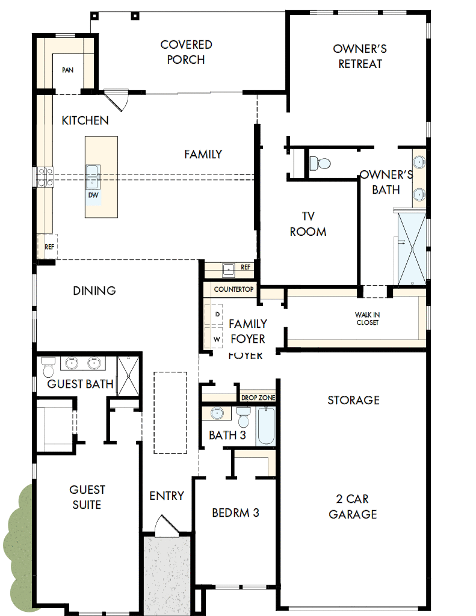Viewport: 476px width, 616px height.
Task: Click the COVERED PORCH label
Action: [x=186, y=52]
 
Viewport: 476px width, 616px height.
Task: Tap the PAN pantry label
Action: [x=67, y=70]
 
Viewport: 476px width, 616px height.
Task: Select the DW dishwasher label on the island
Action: [x=93, y=195]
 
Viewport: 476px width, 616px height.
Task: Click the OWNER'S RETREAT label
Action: [x=360, y=56]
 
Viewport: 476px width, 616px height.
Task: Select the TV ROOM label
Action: [x=308, y=224]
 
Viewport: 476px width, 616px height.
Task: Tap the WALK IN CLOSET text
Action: [x=367, y=319]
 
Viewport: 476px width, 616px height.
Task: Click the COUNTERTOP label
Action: [x=234, y=289]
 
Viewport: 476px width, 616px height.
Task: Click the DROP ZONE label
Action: [x=258, y=398]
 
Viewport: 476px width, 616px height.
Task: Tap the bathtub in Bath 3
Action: [x=265, y=426]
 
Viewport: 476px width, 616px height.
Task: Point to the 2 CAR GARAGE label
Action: [x=353, y=507]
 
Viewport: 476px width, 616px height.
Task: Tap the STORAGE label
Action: [x=353, y=400]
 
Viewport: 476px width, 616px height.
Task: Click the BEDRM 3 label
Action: [x=235, y=513]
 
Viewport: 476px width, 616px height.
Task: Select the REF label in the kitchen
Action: [x=49, y=246]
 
